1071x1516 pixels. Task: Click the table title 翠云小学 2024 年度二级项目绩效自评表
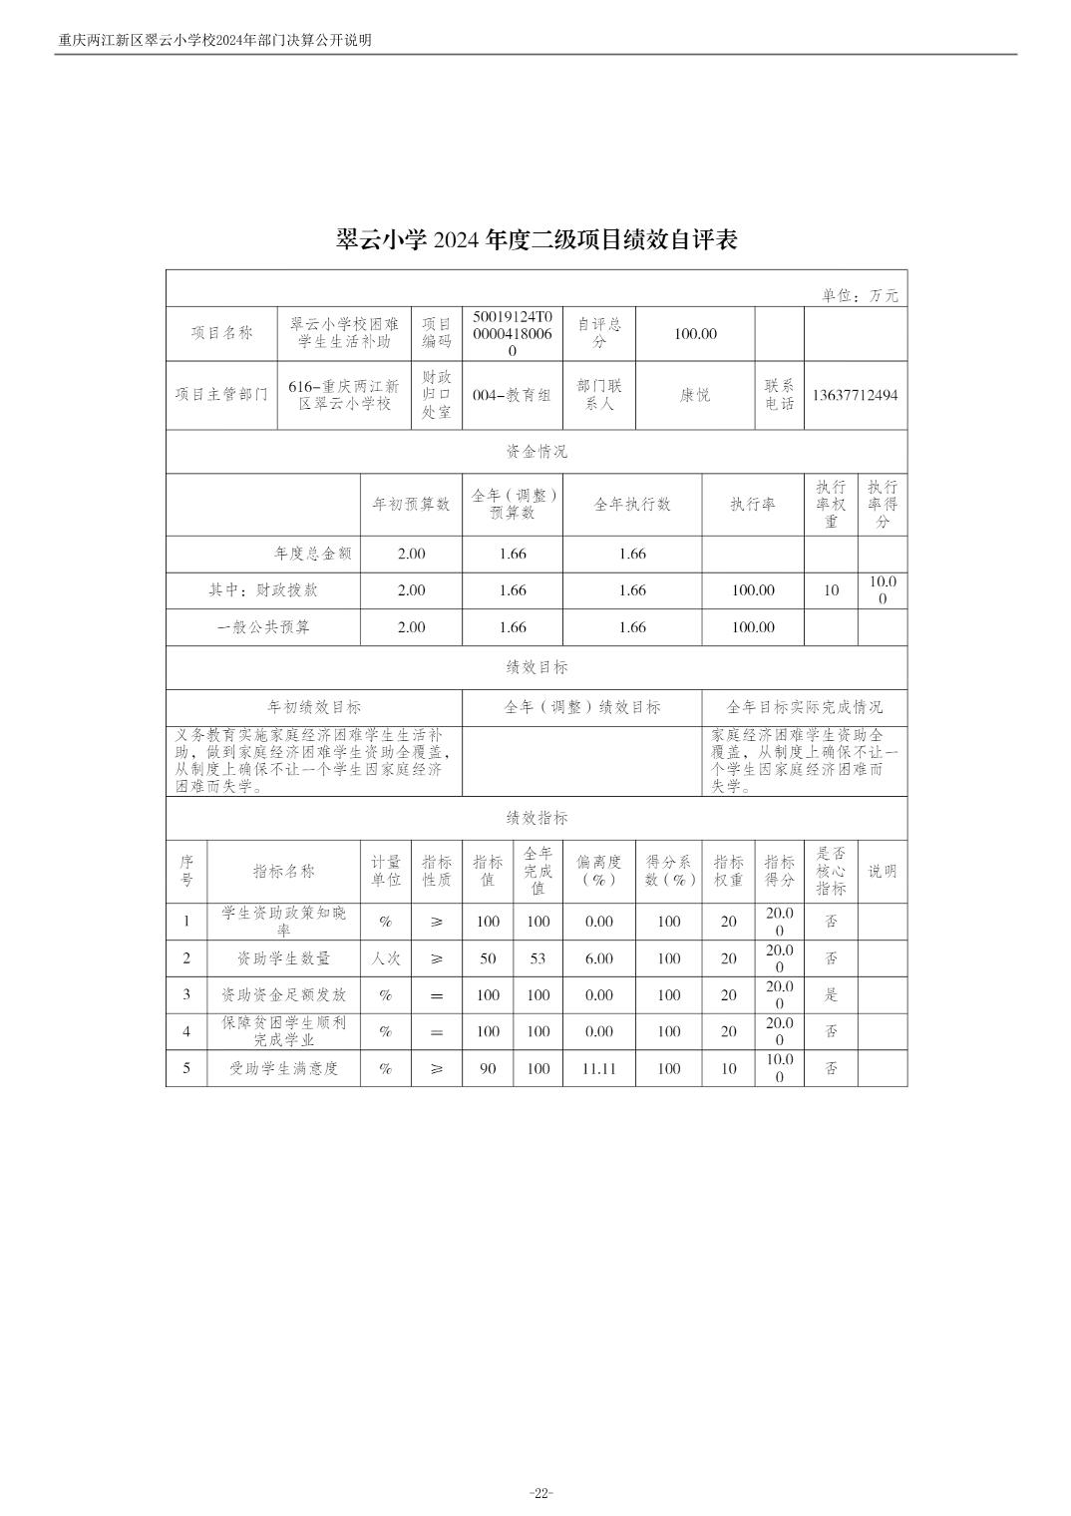[536, 240]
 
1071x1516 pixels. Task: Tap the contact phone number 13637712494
[855, 395]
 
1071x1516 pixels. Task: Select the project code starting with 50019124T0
[513, 333]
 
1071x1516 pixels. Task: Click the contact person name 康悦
[695, 395]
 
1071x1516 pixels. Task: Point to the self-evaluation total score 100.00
[695, 333]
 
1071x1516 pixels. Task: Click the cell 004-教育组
[513, 395]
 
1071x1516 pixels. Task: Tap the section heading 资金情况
[536, 451]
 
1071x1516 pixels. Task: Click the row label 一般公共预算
[263, 627]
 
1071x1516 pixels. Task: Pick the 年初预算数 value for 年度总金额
[411, 554]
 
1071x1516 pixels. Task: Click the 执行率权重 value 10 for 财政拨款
[831, 590]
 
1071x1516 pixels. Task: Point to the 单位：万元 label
[860, 295]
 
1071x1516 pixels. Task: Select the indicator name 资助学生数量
[283, 958]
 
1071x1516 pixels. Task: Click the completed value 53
[538, 958]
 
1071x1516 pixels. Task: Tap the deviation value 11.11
[599, 1068]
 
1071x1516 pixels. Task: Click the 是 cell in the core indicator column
[831, 995]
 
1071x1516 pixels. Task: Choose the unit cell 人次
[386, 958]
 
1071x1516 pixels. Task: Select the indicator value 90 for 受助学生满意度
[488, 1068]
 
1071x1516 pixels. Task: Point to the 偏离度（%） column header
[599, 871]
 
